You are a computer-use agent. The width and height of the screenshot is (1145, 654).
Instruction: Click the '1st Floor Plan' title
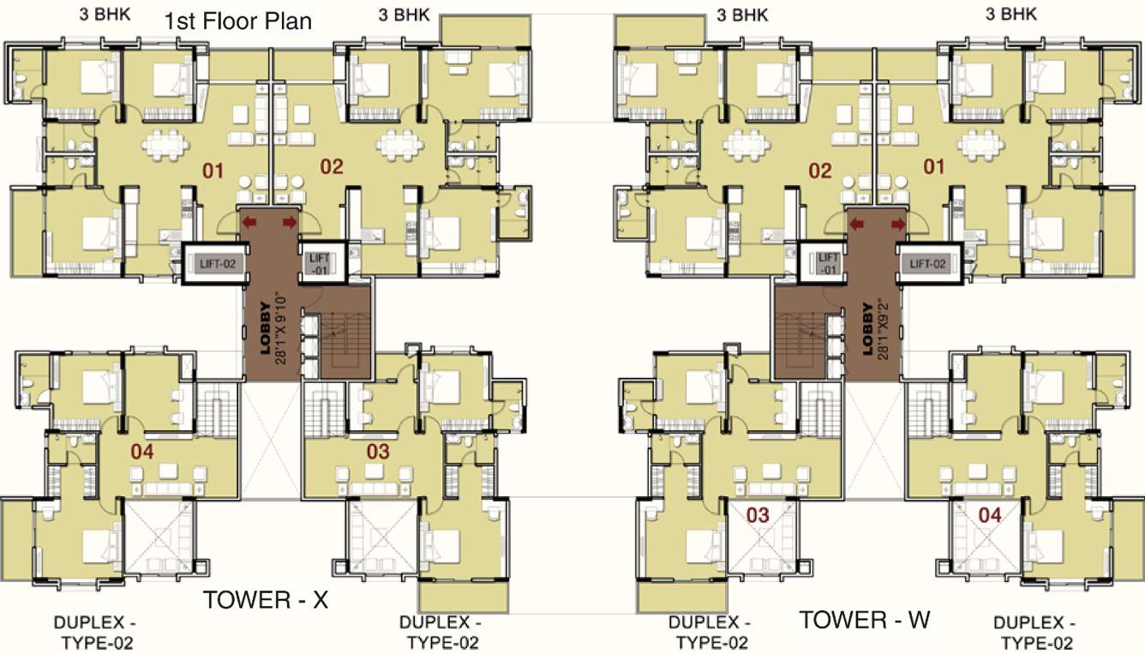point(238,21)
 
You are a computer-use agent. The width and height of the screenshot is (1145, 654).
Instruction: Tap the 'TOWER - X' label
point(266,600)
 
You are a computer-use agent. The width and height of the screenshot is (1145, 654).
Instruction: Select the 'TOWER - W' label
point(865,619)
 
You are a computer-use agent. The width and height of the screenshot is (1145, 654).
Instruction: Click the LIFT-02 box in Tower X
point(216,264)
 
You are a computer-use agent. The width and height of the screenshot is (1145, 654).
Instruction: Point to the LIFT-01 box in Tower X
point(319,263)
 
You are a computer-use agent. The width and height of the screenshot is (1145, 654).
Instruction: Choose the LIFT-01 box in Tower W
point(828,263)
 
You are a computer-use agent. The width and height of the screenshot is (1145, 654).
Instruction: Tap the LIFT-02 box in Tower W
point(928,264)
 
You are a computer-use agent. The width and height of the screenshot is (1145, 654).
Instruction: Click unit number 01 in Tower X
point(213,171)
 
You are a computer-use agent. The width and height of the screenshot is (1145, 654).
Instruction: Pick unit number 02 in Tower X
point(332,166)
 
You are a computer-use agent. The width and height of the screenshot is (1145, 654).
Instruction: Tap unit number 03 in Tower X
point(378,451)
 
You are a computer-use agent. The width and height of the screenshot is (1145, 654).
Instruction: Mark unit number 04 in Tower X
point(142,451)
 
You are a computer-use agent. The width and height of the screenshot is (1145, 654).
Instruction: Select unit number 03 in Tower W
point(758,515)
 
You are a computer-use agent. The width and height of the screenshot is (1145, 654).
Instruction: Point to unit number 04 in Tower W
point(990,515)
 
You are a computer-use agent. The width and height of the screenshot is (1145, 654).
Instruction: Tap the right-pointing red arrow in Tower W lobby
point(897,224)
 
